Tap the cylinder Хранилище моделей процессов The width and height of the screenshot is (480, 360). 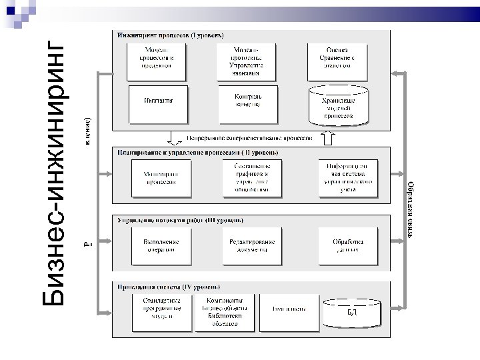point(338,106)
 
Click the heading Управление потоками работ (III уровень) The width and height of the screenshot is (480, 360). point(179,219)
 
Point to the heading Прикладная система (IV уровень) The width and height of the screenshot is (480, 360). point(169,287)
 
